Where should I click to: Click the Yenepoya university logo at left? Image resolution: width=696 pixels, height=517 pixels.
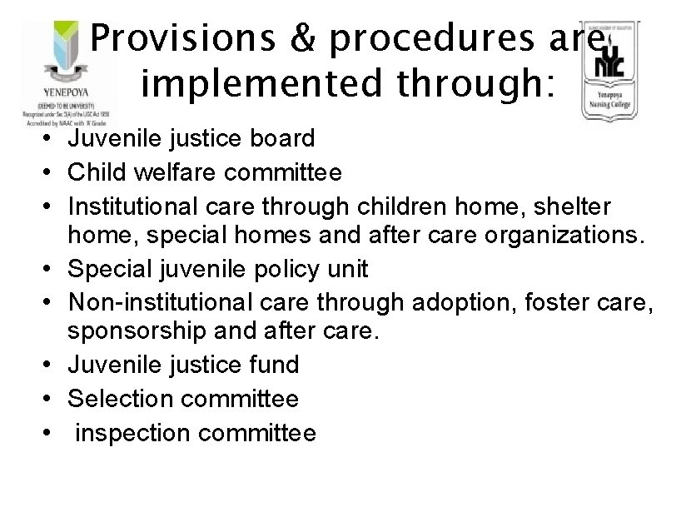62,70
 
